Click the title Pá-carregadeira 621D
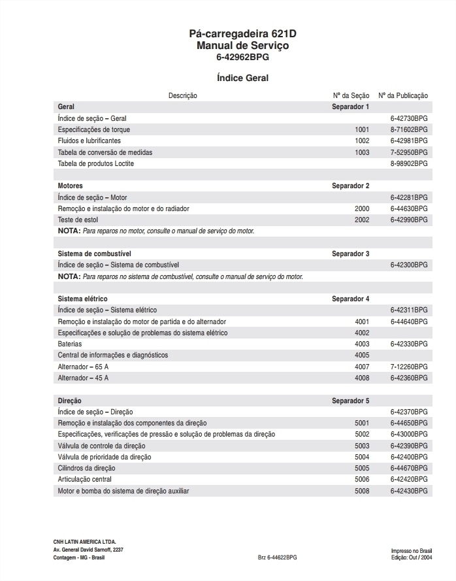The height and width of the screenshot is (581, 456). point(242,34)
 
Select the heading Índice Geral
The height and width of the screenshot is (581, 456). point(242,78)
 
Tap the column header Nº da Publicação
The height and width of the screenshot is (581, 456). point(403,95)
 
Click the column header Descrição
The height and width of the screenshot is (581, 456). point(183,95)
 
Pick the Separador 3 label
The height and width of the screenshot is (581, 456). point(350,254)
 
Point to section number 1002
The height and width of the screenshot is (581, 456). point(362,141)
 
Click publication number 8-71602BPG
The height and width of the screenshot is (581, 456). point(409,129)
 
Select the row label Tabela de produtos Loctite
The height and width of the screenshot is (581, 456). point(96,163)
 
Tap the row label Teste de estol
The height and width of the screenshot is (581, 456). point(78,220)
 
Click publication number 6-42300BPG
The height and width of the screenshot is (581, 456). point(409,265)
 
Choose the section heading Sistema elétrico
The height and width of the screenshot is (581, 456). point(83,299)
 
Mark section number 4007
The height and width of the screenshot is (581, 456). point(362,367)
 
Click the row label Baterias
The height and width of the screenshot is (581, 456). point(70,344)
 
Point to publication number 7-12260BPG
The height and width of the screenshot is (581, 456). point(409,367)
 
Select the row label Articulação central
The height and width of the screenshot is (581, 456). point(85,479)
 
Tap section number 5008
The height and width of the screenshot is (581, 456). point(362,491)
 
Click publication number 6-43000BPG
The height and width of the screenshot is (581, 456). point(409,434)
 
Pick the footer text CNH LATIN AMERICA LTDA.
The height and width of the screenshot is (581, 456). point(84,542)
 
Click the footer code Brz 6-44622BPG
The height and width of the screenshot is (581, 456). point(277,557)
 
